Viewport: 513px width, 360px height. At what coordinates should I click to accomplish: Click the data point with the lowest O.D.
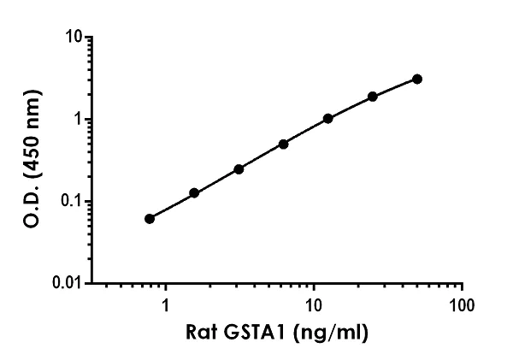(x=150, y=219)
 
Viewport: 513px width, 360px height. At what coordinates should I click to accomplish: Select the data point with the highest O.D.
(x=416, y=79)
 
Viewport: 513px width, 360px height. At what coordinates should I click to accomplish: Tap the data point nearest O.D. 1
(x=327, y=118)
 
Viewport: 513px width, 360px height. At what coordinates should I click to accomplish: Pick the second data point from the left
(x=194, y=193)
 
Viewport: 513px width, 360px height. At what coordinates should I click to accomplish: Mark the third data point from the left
(x=239, y=169)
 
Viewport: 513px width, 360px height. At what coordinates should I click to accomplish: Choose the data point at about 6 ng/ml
(x=283, y=144)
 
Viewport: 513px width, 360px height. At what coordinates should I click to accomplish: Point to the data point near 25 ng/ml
(x=373, y=97)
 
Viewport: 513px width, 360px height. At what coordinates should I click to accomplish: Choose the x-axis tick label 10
(x=314, y=304)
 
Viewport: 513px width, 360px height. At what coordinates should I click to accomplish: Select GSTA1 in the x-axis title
(x=255, y=333)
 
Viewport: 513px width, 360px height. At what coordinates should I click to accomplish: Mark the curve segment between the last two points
(x=395, y=86)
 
